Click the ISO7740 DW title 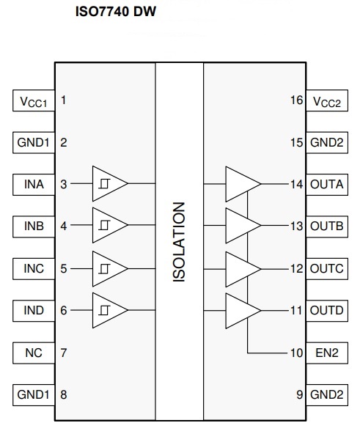(x=116, y=12)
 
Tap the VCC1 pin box (x=34, y=100)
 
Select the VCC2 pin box (x=327, y=100)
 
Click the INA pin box (x=34, y=185)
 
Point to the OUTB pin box (x=327, y=226)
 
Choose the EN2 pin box (x=327, y=353)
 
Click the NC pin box (x=34, y=353)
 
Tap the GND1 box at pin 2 (x=34, y=142)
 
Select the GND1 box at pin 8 (x=34, y=395)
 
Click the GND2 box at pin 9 (x=327, y=395)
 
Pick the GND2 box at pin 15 (x=327, y=142)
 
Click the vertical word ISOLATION (x=179, y=242)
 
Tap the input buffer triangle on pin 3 (x=110, y=183)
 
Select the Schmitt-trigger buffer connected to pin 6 (x=110, y=310)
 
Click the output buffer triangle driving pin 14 (x=243, y=184)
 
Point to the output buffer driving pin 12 (x=243, y=269)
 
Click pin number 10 (x=296, y=353)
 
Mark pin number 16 (x=296, y=100)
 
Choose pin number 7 (x=64, y=353)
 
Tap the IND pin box (x=34, y=311)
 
